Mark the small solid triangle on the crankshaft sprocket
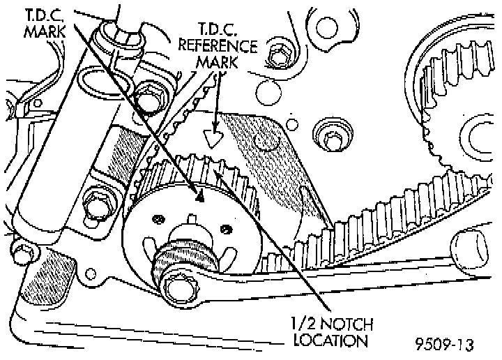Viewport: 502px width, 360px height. [x=199, y=197]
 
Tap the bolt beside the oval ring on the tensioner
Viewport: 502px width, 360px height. [x=147, y=100]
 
